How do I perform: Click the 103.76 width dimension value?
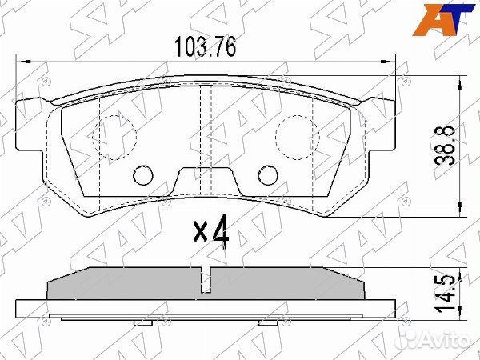pos(205,46)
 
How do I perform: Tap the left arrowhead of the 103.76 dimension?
pos(22,60)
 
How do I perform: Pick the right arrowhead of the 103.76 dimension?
pos(391,60)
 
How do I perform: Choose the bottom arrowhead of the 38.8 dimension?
pos(458,212)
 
